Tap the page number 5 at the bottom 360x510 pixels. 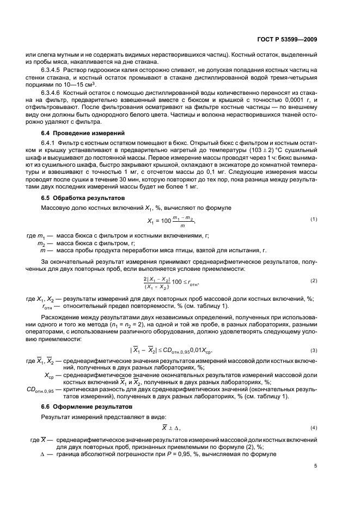tap(315, 466)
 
